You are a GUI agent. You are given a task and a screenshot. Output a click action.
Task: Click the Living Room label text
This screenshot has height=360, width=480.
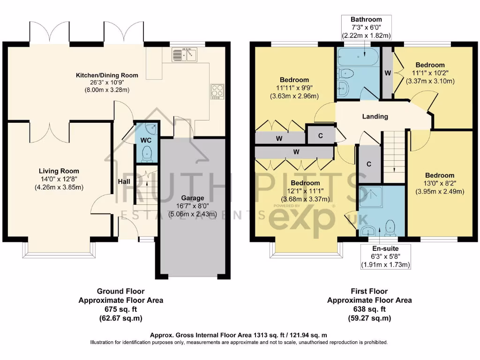59,171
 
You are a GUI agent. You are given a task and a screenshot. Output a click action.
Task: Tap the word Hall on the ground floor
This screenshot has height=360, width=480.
124,182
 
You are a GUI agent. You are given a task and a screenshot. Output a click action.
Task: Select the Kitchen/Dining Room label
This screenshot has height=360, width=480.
107,75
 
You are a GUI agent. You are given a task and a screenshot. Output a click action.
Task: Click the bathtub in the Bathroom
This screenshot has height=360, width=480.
357,56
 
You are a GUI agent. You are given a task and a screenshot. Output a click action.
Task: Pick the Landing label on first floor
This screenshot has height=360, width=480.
375,116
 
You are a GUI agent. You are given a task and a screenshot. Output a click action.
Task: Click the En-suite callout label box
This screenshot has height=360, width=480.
386,256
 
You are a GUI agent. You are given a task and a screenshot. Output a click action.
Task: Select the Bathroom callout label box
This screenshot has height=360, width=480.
366,27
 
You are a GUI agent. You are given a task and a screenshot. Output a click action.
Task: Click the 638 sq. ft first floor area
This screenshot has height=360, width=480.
369,309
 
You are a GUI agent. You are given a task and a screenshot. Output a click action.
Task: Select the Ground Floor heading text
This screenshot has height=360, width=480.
121,291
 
